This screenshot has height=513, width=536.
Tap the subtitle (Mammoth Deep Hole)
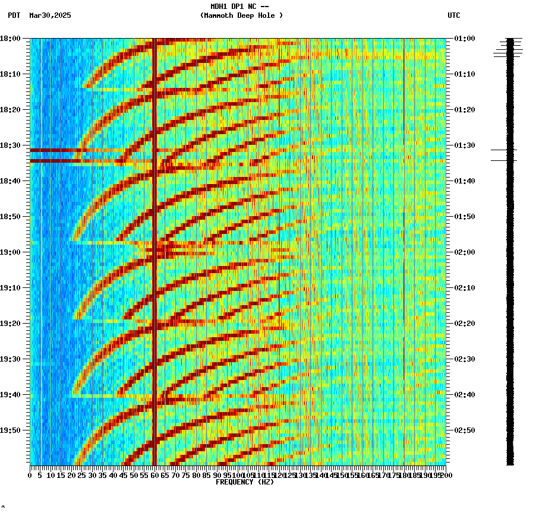[241, 15]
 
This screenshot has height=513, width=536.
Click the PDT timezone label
[14, 15]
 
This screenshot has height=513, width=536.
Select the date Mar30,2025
[50, 15]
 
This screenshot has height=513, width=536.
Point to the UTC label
[453, 15]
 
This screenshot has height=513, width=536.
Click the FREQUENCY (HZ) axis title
[244, 482]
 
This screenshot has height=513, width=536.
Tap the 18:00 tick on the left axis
[11, 39]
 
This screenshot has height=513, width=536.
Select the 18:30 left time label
[11, 145]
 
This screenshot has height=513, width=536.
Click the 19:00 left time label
[11, 252]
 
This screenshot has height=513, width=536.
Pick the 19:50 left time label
[11, 430]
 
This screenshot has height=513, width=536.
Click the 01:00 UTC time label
[464, 39]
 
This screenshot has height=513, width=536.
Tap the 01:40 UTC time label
[464, 181]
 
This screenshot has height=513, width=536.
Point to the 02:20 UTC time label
[464, 324]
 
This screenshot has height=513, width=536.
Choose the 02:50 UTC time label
[464, 430]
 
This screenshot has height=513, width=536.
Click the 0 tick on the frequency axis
[30, 476]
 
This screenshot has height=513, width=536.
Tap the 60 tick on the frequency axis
[155, 476]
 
